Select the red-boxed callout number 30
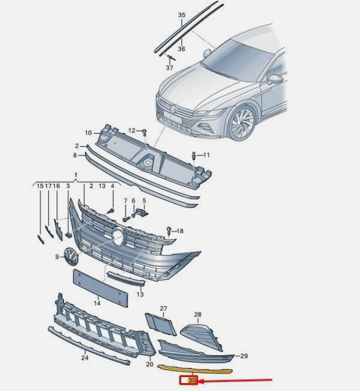pos(192,381)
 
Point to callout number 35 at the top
pos(181,14)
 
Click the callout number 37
pos(169,67)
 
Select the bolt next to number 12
pos(144,132)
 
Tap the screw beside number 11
pos(193,154)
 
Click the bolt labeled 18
pos(168,229)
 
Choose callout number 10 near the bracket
pos(88,133)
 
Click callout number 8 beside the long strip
pos(74,155)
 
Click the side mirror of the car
pos(274,79)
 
